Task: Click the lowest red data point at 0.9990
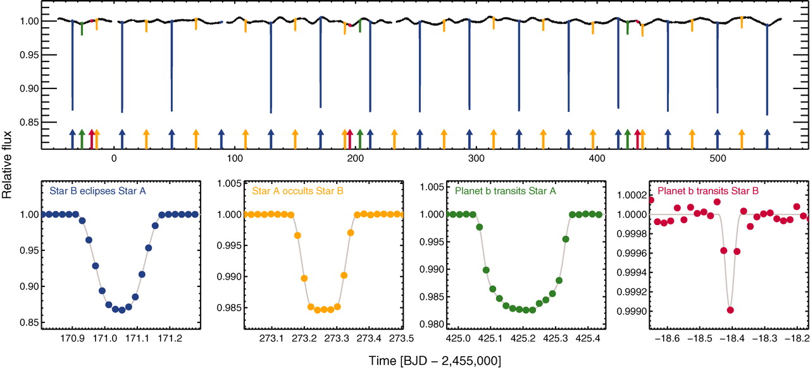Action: pos(730,310)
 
